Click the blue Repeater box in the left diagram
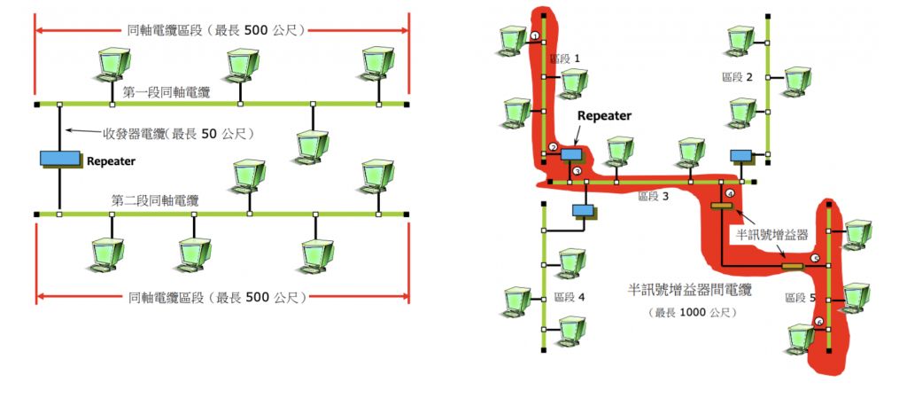[60, 158]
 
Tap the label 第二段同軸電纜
[155, 201]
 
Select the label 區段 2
[738, 77]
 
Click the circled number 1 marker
[535, 35]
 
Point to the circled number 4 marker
[729, 193]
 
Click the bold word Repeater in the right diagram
[604, 116]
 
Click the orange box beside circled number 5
[791, 264]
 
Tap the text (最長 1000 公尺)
[691, 312]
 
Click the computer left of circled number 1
[510, 40]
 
